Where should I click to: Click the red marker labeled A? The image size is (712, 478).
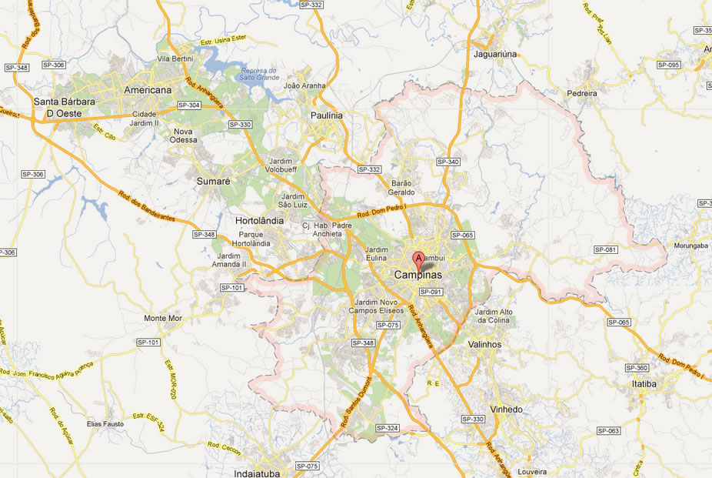tap(418, 259)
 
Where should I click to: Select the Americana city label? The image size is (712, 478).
tap(148, 90)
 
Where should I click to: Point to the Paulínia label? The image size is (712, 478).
tap(326, 115)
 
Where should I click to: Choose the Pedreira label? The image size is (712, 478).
tap(581, 93)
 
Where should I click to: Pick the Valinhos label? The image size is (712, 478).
tap(484, 345)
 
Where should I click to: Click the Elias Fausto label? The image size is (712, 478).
tap(105, 424)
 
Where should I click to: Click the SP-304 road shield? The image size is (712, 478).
tap(188, 105)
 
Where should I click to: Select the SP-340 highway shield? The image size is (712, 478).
tap(447, 162)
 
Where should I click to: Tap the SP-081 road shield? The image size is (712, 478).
tap(606, 249)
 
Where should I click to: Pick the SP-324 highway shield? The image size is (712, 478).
tap(388, 428)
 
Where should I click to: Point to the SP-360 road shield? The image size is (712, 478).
tap(637, 368)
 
